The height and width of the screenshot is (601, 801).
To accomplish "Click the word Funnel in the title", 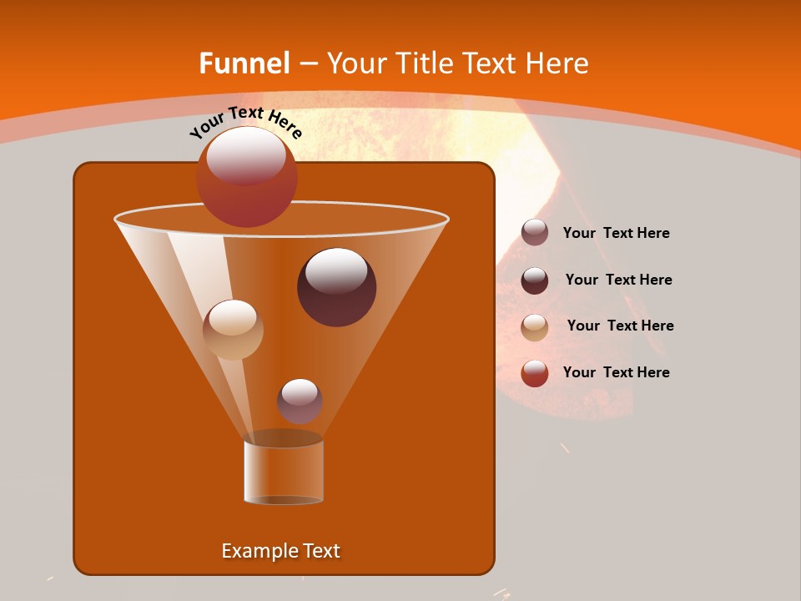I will point(244,63).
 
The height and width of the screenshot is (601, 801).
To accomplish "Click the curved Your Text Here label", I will point(245,121).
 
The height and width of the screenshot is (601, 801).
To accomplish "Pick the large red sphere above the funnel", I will point(246,176).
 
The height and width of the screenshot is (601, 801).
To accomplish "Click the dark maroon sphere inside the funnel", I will point(336,286).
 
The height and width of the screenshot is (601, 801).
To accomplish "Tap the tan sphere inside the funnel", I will point(233,329).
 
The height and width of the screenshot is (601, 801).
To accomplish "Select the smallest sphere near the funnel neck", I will point(300,401).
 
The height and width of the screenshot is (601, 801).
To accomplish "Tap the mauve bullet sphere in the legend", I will point(535,233).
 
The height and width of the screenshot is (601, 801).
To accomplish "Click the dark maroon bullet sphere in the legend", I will point(535,280).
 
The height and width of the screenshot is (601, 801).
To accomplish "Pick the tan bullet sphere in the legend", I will point(535,327).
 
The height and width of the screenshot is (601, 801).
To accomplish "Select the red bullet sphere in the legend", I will point(535,373).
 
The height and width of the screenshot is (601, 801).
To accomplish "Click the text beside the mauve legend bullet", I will point(616,234).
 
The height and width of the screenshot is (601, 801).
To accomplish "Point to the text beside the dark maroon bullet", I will point(618,280).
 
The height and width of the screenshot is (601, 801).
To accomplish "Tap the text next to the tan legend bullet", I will point(620,326).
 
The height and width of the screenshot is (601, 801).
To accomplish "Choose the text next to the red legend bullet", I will point(616,372).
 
